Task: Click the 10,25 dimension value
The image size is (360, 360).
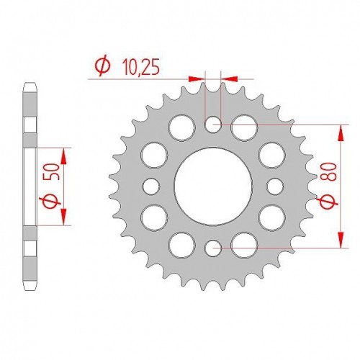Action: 140,67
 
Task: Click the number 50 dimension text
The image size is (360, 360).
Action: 53,172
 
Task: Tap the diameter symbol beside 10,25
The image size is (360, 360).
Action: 102,66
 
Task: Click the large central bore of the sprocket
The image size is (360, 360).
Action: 213,186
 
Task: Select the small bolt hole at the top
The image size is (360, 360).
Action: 213,125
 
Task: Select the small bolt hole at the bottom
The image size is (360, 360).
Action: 213,248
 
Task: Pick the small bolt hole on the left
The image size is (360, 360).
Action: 151,186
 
